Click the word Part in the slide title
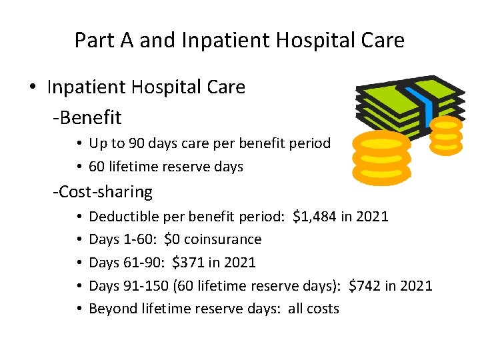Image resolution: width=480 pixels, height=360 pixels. tap(94, 41)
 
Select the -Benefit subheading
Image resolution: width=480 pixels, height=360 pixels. tap(87, 118)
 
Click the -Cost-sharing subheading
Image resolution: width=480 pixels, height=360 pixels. tap(103, 192)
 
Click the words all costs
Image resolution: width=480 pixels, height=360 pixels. tap(313, 309)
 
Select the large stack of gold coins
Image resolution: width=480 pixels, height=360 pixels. tap(381, 157)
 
